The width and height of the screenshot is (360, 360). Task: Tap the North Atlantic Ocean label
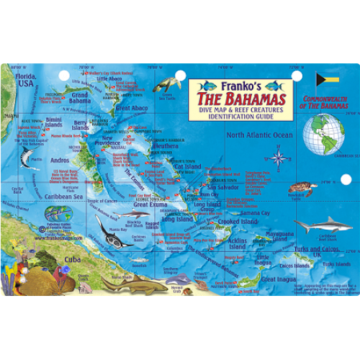click(260, 135)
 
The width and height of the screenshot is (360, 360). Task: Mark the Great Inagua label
click(277, 279)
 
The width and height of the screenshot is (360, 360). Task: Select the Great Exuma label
click(150, 204)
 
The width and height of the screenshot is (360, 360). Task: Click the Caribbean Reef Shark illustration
click(317, 226)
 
